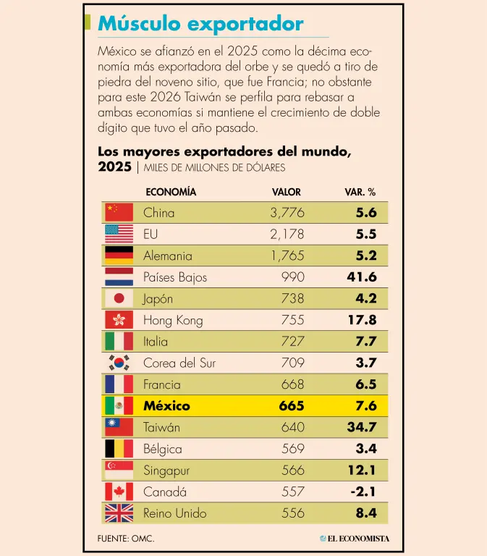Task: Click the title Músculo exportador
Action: coord(200,24)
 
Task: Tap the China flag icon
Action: coord(119,212)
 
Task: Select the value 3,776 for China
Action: coord(287,212)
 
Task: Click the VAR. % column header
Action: coord(360,192)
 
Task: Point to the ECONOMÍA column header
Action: coord(171,192)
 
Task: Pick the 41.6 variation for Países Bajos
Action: coord(362,277)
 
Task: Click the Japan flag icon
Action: coord(119,298)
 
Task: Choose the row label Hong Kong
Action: coord(173,320)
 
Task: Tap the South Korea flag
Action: coord(119,363)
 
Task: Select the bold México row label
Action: coord(168,405)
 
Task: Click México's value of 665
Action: coord(292,405)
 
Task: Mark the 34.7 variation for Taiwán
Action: coord(362,427)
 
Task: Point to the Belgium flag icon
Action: coord(119,449)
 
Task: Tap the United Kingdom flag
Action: coord(119,513)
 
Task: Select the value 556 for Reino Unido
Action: coord(293,513)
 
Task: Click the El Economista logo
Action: coord(355,538)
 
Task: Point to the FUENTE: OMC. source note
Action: coord(126,539)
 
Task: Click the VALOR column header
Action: coord(287,192)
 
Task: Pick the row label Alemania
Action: coord(168,256)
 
